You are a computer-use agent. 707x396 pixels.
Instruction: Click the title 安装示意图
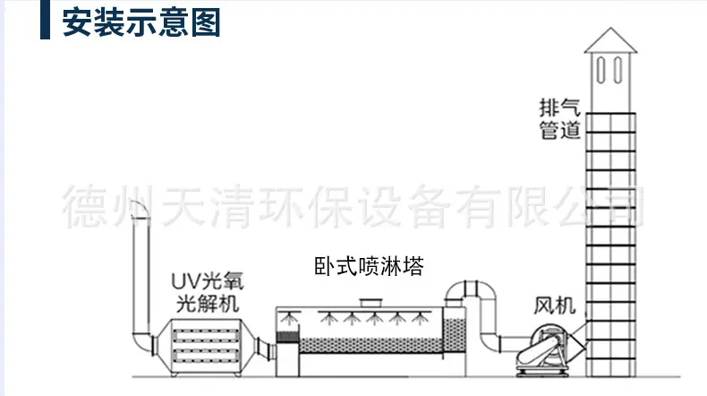(x=141, y=22)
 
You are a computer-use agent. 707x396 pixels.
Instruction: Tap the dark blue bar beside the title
(x=45, y=20)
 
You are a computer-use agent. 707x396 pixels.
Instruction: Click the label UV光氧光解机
(x=208, y=292)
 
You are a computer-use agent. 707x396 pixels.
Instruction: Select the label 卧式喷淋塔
(x=369, y=266)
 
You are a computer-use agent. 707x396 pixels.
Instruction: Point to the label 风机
(x=555, y=306)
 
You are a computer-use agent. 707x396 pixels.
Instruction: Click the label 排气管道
(x=559, y=119)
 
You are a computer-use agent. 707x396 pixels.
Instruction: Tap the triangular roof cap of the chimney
(x=610, y=40)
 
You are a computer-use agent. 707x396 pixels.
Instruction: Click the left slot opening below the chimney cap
(x=601, y=70)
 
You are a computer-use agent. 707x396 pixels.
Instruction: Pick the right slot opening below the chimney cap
(x=618, y=70)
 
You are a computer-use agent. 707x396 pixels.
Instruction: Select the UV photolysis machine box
(x=206, y=346)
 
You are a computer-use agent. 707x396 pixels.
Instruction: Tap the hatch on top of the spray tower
(x=371, y=303)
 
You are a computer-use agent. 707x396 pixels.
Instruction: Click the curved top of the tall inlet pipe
(x=141, y=211)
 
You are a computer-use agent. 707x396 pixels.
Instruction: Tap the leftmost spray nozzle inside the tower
(x=288, y=318)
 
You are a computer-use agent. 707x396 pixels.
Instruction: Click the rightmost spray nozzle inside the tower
(x=420, y=318)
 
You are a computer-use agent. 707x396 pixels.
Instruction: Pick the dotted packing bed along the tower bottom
(x=371, y=346)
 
